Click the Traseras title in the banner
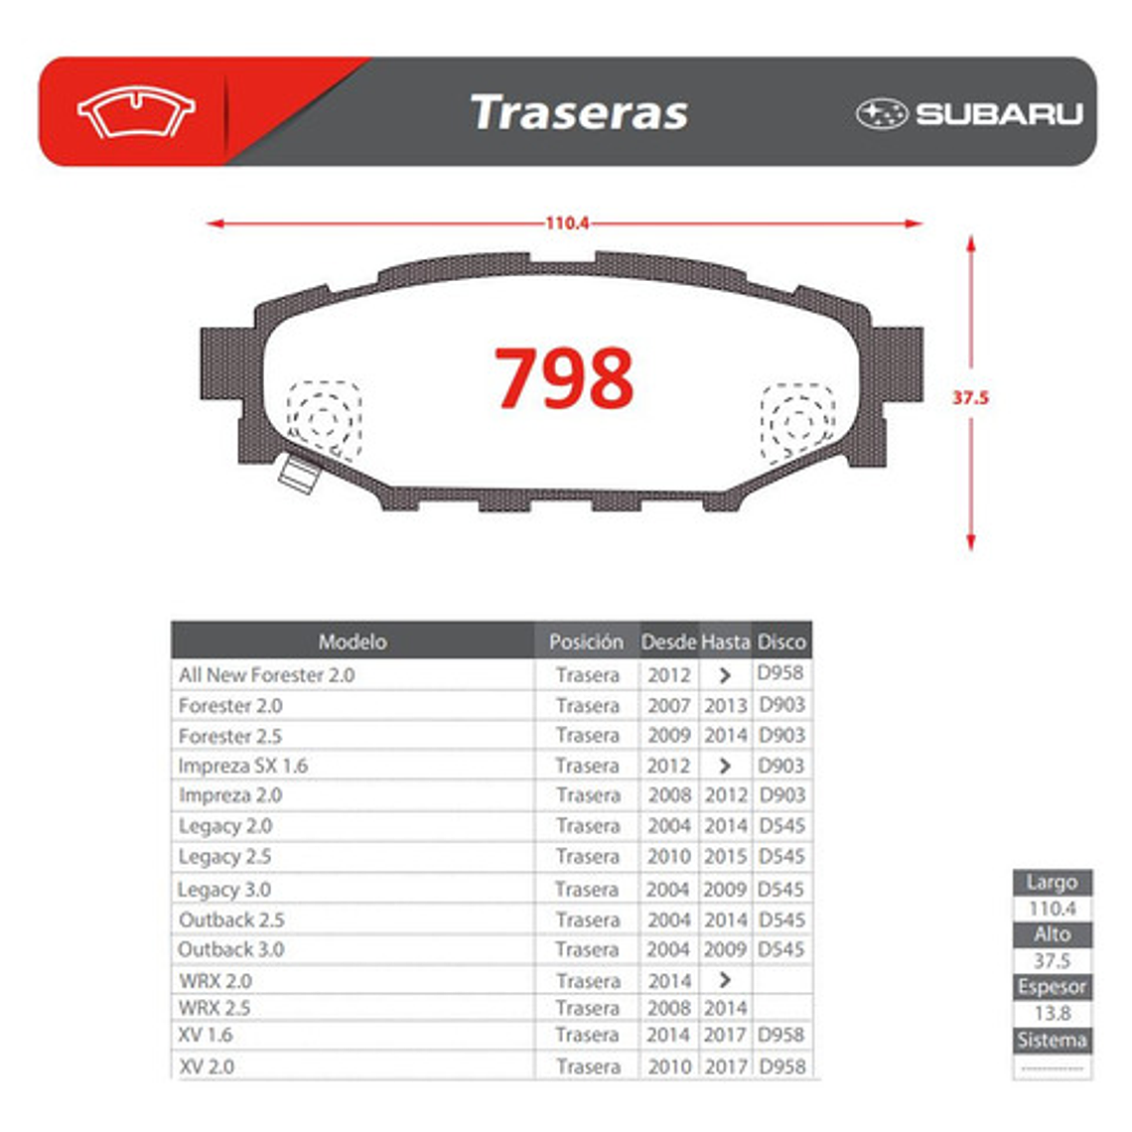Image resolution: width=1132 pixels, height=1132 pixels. (579, 112)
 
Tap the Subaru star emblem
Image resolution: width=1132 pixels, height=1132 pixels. (882, 113)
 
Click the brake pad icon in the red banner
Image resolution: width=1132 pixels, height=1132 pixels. (136, 112)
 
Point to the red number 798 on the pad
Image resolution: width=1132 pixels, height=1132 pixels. (564, 378)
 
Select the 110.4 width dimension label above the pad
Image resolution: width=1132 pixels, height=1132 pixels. (567, 223)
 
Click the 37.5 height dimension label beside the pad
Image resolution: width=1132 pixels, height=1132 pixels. (970, 397)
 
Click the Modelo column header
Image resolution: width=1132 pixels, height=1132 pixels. (353, 641)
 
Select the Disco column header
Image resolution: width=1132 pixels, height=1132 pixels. (781, 641)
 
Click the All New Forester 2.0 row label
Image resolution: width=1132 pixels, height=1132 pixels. (266, 674)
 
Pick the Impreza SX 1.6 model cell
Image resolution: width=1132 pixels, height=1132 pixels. (243, 766)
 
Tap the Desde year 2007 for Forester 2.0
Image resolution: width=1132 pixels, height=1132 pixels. (668, 705)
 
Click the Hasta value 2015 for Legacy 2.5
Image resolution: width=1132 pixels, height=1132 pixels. (725, 856)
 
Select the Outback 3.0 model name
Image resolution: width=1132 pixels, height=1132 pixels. (231, 949)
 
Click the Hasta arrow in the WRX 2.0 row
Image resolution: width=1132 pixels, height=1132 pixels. (725, 980)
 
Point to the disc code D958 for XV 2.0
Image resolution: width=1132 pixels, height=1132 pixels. (782, 1066)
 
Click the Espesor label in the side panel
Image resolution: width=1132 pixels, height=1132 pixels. (1052, 987)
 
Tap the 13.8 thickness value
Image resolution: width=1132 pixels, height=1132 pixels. (1052, 1013)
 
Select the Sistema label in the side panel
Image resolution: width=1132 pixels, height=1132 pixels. (1052, 1040)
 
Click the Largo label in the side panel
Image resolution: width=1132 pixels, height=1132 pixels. (1052, 882)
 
